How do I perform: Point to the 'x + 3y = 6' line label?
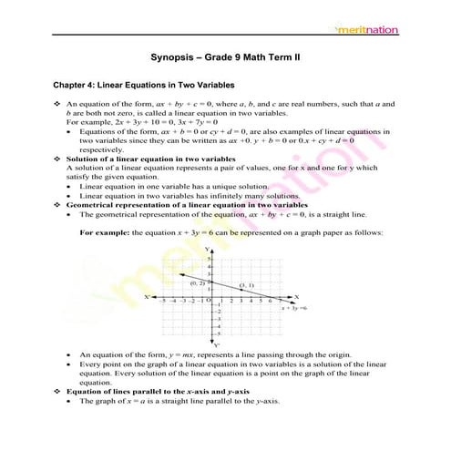pos(294,308)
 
